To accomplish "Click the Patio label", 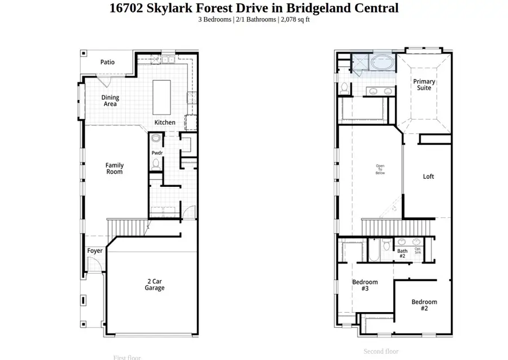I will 107,62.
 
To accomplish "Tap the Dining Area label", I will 110,100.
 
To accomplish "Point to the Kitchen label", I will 165,122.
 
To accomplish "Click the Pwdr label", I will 157,153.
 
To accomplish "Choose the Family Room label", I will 115,168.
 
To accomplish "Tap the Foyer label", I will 95,251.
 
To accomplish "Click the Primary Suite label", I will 424,85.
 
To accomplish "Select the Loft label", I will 428,177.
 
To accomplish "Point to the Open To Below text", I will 380,169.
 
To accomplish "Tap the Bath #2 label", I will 402,253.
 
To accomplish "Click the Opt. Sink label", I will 418,251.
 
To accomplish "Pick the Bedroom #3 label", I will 365,285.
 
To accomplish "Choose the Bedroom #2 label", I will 424,305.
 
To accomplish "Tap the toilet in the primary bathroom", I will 344,88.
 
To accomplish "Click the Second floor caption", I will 381,352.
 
